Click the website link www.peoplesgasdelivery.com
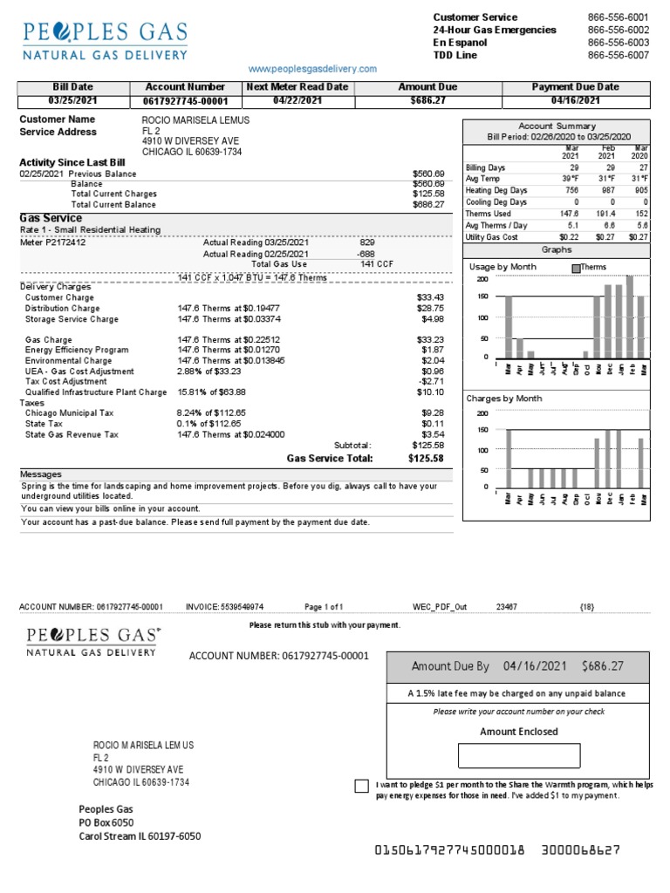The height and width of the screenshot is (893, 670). pyautogui.click(x=312, y=69)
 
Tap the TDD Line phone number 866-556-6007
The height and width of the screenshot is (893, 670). pyautogui.click(x=618, y=55)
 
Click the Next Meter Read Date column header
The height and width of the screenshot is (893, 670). pyautogui.click(x=297, y=87)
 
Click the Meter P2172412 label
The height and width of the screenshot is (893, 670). pyautogui.click(x=53, y=242)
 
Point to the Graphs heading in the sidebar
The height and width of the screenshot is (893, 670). pyautogui.click(x=556, y=249)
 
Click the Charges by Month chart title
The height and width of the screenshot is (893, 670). pyautogui.click(x=504, y=399)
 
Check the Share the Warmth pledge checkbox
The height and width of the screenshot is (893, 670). pyautogui.click(x=361, y=787)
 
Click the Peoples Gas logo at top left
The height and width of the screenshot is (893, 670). pyautogui.click(x=105, y=40)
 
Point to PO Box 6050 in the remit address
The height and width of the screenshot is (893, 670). pyautogui.click(x=106, y=822)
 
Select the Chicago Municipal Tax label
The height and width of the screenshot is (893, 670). pyautogui.click(x=70, y=413)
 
